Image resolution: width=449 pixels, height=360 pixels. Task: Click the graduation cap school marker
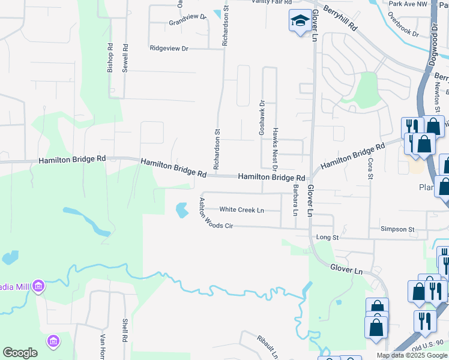(x=299, y=21)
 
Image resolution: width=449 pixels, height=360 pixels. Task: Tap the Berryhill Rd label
(x=340, y=19)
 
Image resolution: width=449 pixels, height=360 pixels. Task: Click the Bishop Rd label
(x=110, y=58)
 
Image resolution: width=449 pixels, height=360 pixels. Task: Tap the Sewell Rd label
(x=125, y=58)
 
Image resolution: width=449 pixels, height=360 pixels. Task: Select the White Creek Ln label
(x=241, y=210)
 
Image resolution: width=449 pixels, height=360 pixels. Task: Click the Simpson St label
(x=398, y=229)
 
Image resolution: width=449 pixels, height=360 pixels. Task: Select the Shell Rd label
(x=125, y=329)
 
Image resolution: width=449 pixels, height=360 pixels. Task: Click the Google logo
(x=20, y=353)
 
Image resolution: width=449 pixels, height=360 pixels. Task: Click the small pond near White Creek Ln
(x=181, y=210)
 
